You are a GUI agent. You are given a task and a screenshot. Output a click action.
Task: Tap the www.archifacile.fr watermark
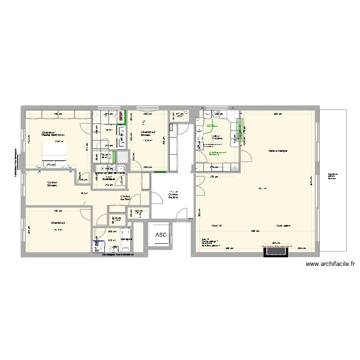coord(331,264)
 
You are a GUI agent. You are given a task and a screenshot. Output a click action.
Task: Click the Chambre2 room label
coord(58,223)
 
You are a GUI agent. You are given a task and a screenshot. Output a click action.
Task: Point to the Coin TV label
coord(217,225)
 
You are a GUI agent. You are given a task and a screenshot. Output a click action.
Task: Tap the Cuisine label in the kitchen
coord(216,139)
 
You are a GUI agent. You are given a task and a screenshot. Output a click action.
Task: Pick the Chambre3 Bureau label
coord(147,134)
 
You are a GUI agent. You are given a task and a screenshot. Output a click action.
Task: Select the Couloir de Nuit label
coord(126,198)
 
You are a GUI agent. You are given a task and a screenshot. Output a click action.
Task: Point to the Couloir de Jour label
coord(173,196)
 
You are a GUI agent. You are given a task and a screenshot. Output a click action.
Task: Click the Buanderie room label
coord(109,179)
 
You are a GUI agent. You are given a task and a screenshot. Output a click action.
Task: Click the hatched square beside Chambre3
coord(123,157)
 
